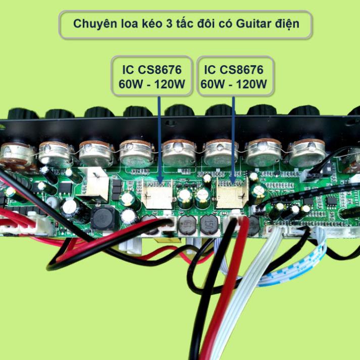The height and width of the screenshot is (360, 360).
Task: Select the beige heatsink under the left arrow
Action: coord(158,194)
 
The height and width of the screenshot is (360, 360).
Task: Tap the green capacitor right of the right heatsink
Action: coord(260,192)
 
